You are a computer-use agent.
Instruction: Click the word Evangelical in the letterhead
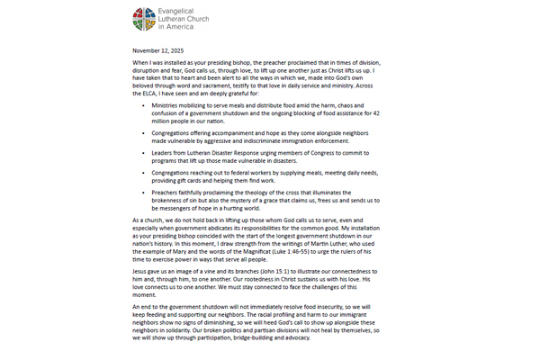click(x=182, y=11)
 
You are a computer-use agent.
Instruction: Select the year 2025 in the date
click(x=174, y=50)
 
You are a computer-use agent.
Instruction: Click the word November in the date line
click(x=146, y=50)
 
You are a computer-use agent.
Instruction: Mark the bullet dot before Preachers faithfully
click(x=142, y=192)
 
